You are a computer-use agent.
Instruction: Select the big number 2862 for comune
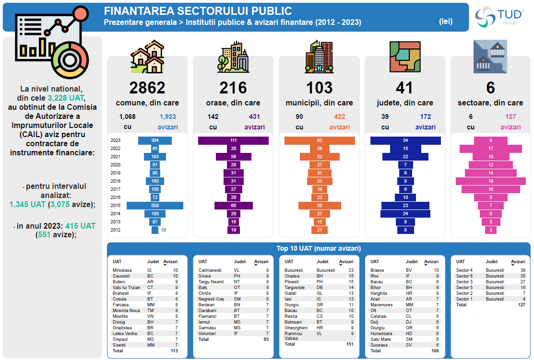[x=147, y=88]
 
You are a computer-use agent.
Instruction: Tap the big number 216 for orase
[x=233, y=88]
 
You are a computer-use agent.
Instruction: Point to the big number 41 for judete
[x=405, y=88]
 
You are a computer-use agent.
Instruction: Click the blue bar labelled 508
[x=154, y=206]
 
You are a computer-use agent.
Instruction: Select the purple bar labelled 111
[x=233, y=140]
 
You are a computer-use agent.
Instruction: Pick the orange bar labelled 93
[x=320, y=140]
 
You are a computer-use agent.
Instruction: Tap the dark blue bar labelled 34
[x=405, y=140]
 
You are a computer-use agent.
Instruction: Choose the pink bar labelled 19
[x=490, y=181]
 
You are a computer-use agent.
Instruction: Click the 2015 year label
[x=115, y=206]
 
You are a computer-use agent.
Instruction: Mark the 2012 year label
[x=115, y=230]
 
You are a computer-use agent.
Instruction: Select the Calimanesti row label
[x=210, y=270]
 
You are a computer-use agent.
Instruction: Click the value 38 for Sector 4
[x=522, y=270]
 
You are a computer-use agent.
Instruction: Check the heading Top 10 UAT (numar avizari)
[x=319, y=248]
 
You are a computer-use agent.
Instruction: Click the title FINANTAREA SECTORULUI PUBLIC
[x=198, y=11]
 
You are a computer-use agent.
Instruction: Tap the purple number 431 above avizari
[x=255, y=116]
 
